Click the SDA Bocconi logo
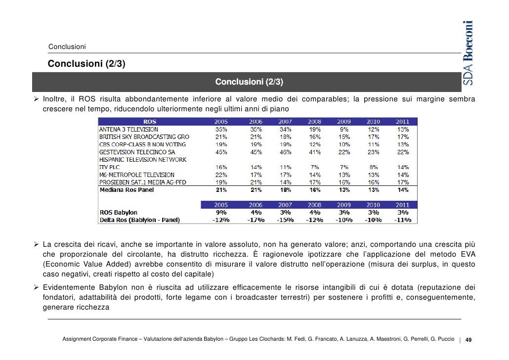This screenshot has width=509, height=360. pos(468,53)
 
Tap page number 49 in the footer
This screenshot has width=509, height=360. pos(468,340)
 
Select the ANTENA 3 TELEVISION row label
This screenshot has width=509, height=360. pos(128,130)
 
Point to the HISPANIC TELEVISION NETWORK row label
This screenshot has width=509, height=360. pos(143,160)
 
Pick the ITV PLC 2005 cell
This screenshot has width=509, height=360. pos(221,167)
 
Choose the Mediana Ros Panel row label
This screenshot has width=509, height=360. pos(127,190)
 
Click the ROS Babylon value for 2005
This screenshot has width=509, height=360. pos(221,213)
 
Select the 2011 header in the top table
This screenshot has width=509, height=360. pos(403,121)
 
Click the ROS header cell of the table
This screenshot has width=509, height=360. pos(149,121)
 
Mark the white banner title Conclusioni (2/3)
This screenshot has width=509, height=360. pos(249,81)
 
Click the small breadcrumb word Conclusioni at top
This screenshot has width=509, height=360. pos(67,47)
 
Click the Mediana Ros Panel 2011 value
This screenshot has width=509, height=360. pos(403,190)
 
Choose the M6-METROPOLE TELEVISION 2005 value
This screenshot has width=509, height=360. pos(221,175)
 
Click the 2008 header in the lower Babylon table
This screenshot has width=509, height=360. pos(314,205)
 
